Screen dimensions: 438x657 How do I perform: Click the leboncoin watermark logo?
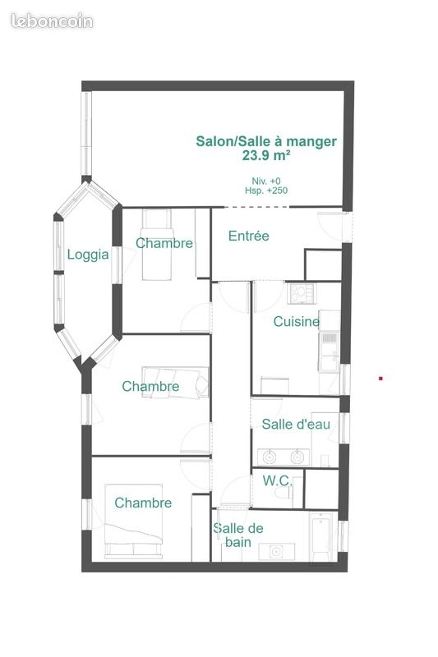pos(52,21)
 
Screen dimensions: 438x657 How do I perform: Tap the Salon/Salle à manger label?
pos(266,141)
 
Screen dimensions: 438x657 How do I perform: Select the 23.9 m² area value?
pos(266,155)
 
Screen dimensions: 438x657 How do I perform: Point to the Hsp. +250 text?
pos(266,191)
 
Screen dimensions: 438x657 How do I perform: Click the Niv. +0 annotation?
pos(266,181)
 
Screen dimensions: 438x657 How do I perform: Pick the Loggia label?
pos(88,255)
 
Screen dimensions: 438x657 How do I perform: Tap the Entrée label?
pos(248,236)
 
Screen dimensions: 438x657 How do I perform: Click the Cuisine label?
pos(297,321)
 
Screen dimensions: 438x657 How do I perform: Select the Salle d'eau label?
pos(296,424)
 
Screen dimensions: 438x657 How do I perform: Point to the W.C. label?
pos(277,480)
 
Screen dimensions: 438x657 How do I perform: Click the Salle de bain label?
pos(238,535)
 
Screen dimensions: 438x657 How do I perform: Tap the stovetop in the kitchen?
pos(302,293)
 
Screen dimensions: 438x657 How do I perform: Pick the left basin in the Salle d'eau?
pos(269,457)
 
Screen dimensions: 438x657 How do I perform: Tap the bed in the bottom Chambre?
pos(133,521)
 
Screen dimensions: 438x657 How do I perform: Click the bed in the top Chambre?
pos(157,245)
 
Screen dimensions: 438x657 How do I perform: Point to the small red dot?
pos(380,379)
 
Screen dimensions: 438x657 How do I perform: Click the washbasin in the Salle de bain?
pos(276,551)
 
